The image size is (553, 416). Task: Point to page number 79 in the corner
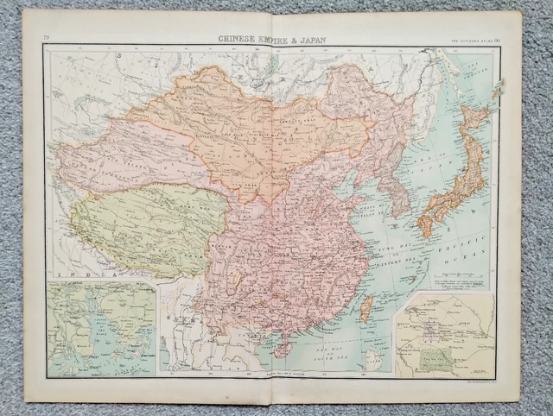[48, 36]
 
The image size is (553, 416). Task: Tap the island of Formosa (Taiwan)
[366, 308]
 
